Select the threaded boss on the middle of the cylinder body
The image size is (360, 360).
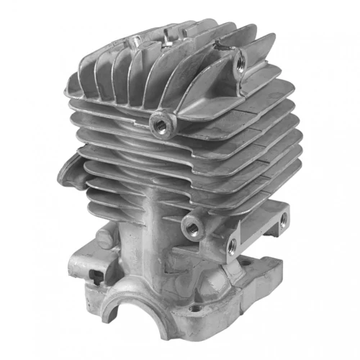191,226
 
